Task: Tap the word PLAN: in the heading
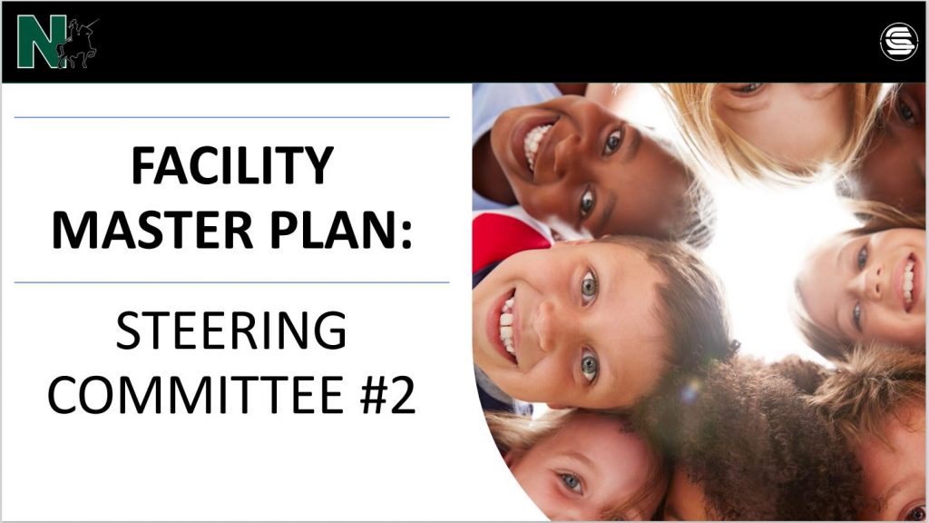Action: tap(341, 230)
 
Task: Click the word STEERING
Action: tap(231, 331)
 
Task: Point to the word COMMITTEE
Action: tap(197, 395)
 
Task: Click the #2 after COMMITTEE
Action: tap(387, 395)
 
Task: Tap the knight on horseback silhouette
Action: tap(78, 44)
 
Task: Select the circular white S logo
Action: tap(899, 42)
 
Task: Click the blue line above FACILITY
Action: tap(231, 117)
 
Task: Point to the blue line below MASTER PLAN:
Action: tap(231, 282)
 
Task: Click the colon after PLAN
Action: tap(406, 234)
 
